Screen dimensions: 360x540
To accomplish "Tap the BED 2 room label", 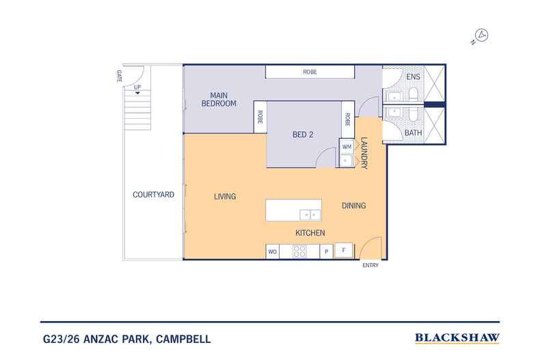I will pos(302,135).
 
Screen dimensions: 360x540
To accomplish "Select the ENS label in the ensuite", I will pos(413,77).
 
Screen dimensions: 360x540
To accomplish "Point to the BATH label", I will pos(413,133).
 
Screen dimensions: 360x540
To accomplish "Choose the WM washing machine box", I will pos(346,146).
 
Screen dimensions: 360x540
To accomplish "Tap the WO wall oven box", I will pos(272,252).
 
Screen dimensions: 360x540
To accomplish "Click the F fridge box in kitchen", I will pos(344,251).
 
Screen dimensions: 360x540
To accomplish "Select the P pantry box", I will pos(327,252).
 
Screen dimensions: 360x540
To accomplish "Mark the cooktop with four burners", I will pos(299,251).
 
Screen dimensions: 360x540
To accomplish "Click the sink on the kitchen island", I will pos(312,214).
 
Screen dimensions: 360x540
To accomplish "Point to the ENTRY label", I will pos(370,266).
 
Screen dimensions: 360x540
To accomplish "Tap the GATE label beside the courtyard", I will pos(119,75).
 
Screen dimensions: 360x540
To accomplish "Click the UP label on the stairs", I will pos(137,87).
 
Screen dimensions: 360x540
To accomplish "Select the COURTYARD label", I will pos(153,195).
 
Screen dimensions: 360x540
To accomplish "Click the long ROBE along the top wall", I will pos(310,72).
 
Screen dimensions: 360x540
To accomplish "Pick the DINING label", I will pos(353,206).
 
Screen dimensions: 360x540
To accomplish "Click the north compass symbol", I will pos(481,35).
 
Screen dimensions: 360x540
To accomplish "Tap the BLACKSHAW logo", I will pos(457,338).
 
